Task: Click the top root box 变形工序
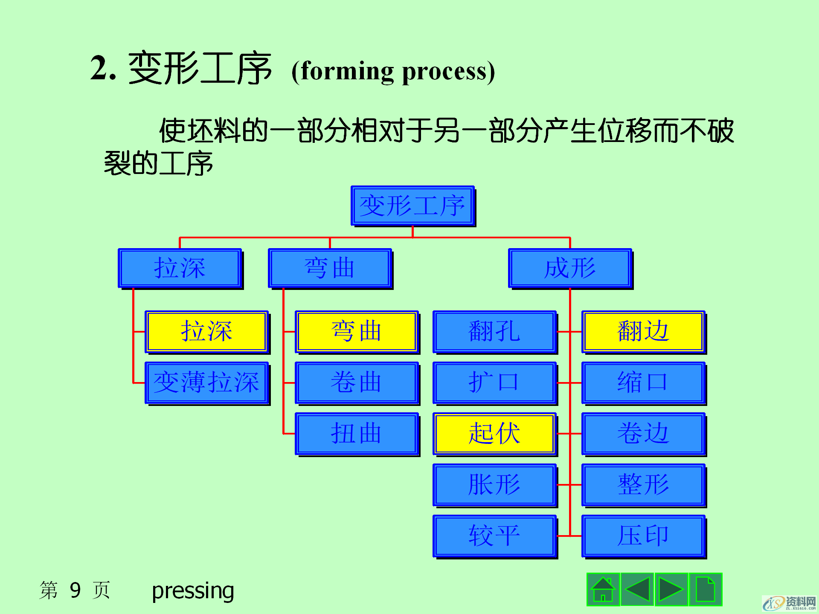point(412,206)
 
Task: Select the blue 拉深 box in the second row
point(180,268)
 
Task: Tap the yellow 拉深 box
point(206,331)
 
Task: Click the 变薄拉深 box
point(206,382)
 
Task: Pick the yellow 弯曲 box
point(357,331)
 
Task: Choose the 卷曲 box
point(357,382)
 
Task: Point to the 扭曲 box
point(357,434)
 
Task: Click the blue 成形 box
point(570,268)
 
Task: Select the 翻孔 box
point(494,331)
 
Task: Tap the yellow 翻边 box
point(643,331)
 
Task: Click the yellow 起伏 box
point(494,434)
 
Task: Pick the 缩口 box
point(643,382)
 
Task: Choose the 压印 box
point(643,536)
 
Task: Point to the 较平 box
point(494,536)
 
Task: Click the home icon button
point(603,589)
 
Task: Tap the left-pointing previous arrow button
point(637,589)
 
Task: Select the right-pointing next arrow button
point(671,589)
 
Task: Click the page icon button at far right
point(705,589)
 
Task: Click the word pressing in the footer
point(193,591)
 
